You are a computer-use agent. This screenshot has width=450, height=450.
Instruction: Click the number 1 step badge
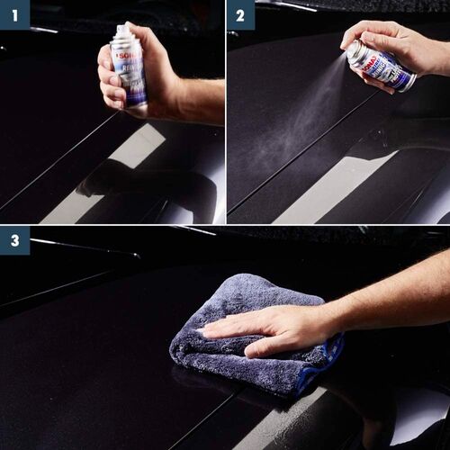tap(14, 14)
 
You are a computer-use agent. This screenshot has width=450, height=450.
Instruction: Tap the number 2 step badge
tap(239, 14)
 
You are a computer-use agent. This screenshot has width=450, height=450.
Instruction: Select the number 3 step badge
tap(14, 240)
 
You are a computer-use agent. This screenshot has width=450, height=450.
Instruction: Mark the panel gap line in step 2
tap(297, 153)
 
